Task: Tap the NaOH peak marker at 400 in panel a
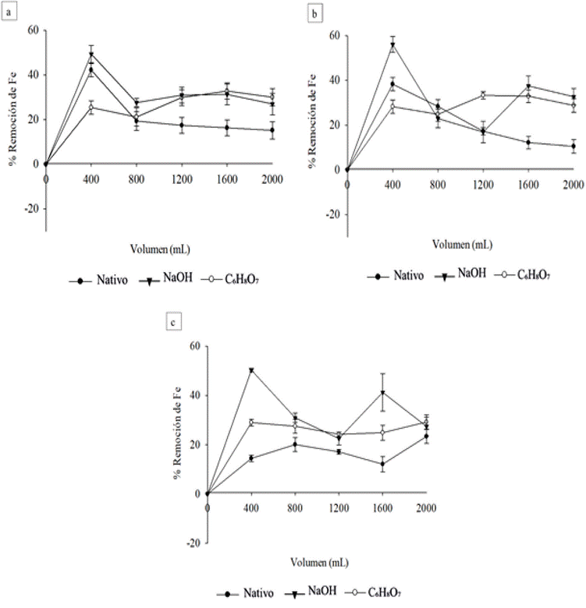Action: tap(91, 55)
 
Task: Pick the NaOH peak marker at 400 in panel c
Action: tap(251, 370)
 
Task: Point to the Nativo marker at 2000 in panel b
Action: tap(574, 146)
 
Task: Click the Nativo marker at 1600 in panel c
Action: tap(383, 464)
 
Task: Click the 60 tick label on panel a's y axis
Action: tap(31, 30)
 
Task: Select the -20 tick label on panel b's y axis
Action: tap(331, 214)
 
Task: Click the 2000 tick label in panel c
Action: tap(426, 507)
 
